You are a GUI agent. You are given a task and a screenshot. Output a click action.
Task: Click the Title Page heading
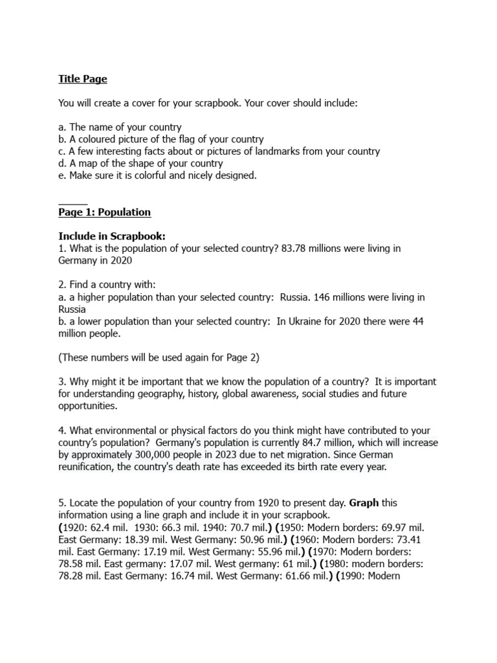coord(83,79)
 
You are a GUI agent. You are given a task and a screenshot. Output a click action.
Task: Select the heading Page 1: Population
coord(104,212)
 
